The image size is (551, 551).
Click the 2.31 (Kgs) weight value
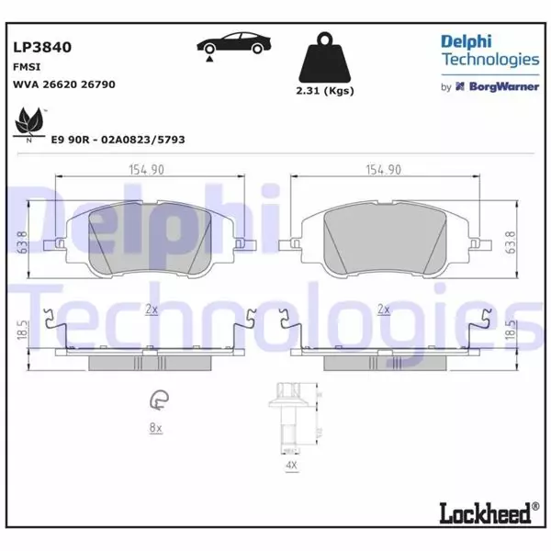(x=325, y=91)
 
